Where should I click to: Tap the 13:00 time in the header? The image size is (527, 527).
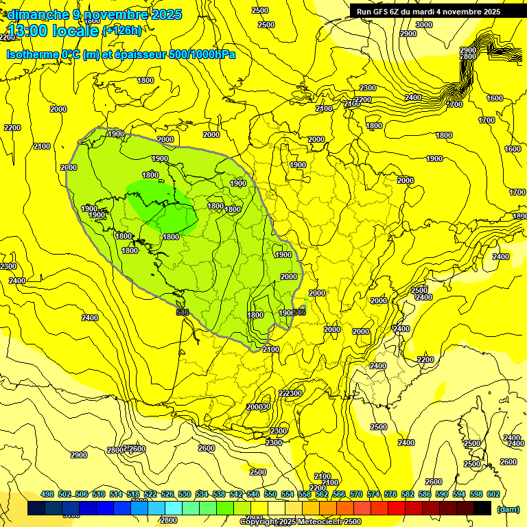click(x=27, y=31)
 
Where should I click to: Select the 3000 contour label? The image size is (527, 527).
click(x=424, y=25)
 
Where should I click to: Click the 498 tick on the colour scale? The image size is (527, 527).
click(x=47, y=494)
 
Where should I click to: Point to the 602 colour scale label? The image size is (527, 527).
click(x=493, y=494)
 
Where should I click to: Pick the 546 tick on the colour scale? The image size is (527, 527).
click(x=253, y=494)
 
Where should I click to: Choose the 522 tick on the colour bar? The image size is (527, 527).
click(x=150, y=494)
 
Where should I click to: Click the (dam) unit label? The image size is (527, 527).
click(x=508, y=509)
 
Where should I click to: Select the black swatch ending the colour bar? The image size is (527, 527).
click(x=482, y=508)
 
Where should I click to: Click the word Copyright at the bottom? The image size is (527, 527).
click(x=262, y=522)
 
